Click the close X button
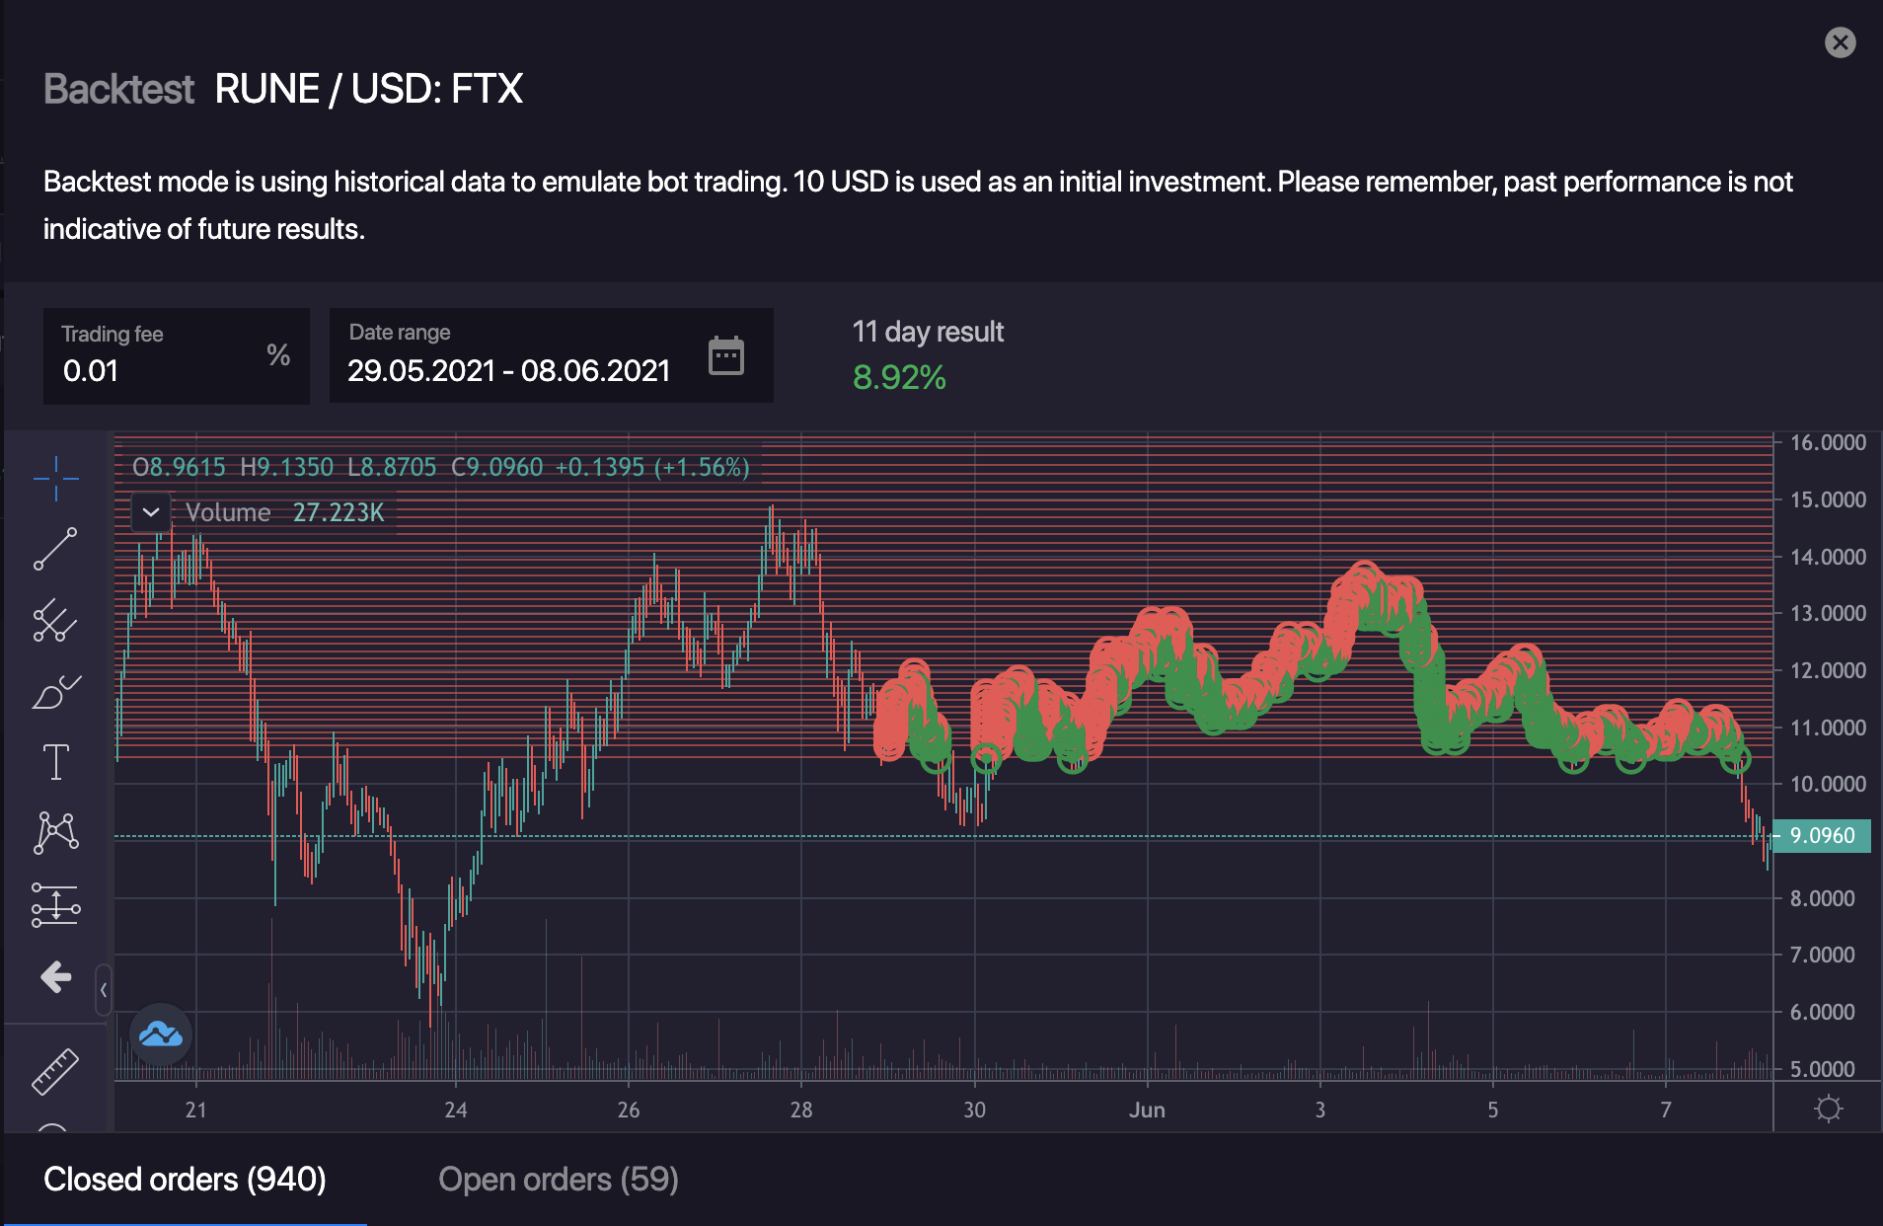1840,42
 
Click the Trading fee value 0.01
91,371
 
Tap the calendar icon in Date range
726,355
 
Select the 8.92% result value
899,377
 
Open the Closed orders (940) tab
185,1180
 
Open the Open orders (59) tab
558,1180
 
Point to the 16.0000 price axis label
1828,442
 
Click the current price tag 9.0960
1822,836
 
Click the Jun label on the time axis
1147,1110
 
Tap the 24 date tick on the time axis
455,1110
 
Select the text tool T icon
56,762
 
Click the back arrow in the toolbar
56,977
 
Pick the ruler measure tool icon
55,1071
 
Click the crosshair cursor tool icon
56,479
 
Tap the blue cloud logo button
161,1034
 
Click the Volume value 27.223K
339,512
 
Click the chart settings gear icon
1828,1109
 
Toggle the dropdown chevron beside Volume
151,512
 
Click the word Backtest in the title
119,89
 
